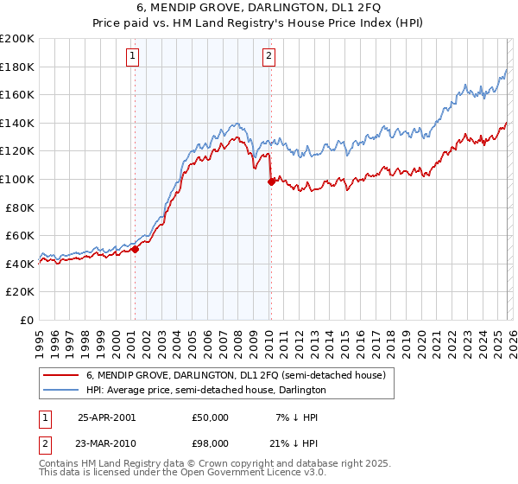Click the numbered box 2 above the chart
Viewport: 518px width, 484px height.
point(269,56)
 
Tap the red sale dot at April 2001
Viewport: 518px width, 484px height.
point(136,250)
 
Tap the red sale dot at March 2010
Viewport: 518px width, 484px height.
point(271,181)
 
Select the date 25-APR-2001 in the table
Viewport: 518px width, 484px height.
point(106,417)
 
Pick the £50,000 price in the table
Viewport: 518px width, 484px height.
point(211,417)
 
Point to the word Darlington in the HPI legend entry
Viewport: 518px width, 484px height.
point(301,391)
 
